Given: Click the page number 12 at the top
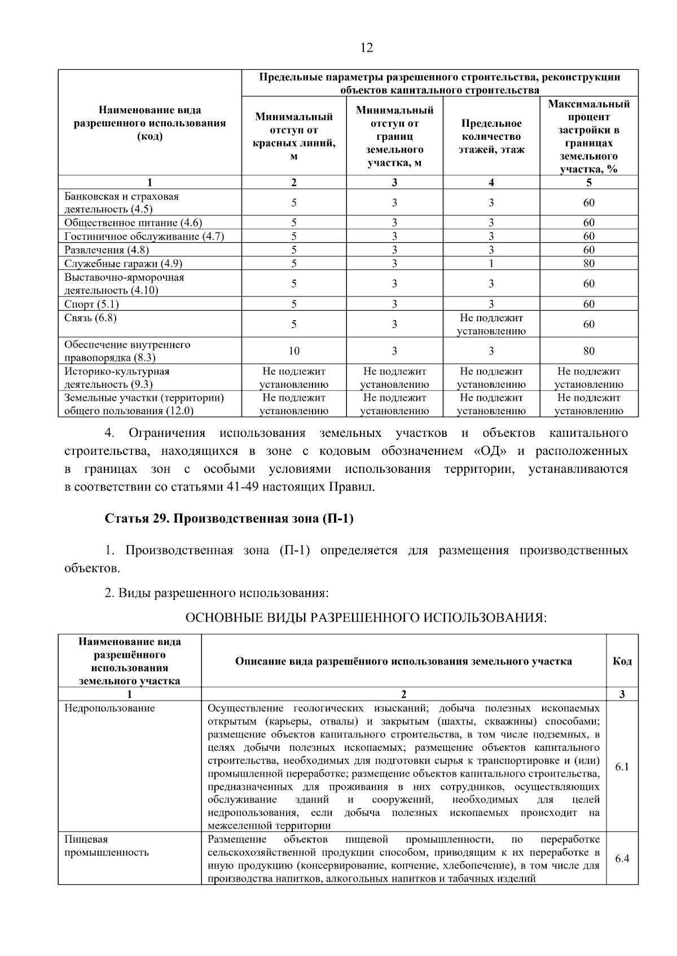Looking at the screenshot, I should (366, 47).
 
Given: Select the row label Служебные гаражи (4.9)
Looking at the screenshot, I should (123, 263).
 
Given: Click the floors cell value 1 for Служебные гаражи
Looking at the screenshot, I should (491, 263).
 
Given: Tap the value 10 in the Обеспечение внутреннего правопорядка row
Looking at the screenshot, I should (294, 351).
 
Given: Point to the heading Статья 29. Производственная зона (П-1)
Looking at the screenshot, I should (229, 519).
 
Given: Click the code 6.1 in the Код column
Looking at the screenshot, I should (622, 767).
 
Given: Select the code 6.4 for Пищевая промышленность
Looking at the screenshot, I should (622, 859).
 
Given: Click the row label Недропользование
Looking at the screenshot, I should (109, 708).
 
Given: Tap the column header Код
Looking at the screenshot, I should (622, 661).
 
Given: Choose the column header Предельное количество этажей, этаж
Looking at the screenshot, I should (491, 136).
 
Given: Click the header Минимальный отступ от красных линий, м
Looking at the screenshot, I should (294, 136).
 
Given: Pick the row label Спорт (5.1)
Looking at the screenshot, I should (91, 304).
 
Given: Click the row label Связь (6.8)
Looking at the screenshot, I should (90, 318).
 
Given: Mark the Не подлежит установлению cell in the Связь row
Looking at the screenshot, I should (491, 324).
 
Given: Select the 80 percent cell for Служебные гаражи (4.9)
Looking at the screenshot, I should (588, 263).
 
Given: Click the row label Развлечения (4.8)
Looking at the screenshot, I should (107, 250).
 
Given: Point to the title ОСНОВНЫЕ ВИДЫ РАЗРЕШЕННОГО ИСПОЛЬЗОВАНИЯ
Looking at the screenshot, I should (366, 618).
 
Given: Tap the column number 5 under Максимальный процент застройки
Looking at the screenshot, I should (588, 182).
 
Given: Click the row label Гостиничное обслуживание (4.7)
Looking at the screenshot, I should (144, 236).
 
